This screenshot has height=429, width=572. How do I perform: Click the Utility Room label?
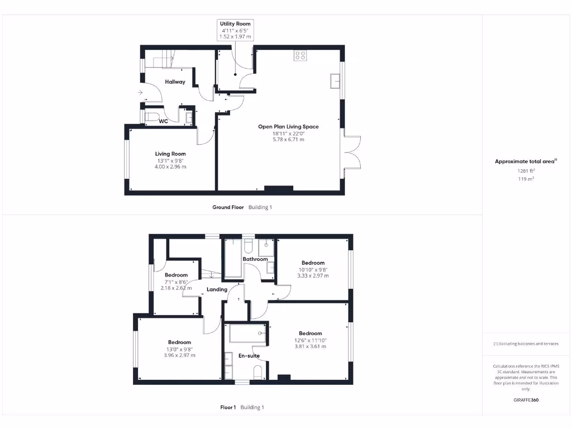tap(235, 24)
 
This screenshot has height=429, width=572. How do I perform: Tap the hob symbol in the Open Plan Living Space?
tap(300, 55)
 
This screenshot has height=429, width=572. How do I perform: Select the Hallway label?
tap(175, 82)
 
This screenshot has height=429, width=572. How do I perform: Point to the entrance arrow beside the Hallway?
tap(139, 93)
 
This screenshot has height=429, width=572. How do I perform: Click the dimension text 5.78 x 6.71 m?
tap(288, 140)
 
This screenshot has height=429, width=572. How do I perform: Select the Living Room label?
tap(170, 154)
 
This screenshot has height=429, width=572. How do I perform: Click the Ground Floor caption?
tap(228, 207)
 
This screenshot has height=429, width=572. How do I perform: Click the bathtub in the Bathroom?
tap(233, 258)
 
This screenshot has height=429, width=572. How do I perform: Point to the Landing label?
tap(217, 289)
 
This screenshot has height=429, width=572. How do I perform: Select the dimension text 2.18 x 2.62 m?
tap(176, 288)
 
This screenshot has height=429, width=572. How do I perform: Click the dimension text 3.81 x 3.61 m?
tap(310, 346)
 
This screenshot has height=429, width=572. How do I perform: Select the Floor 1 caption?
tap(228, 407)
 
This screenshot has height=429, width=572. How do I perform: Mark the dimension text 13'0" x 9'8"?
tap(179, 349)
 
